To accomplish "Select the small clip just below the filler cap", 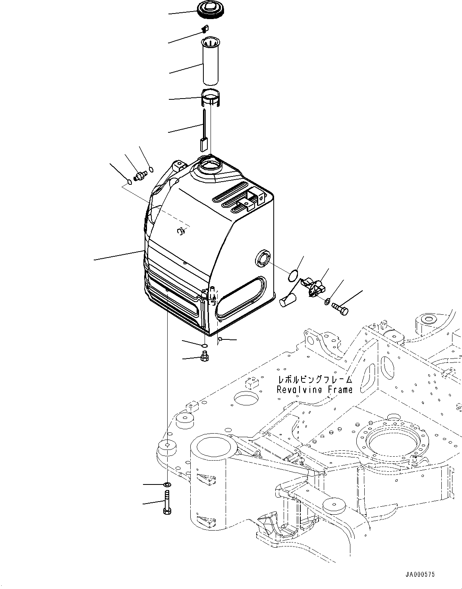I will coord(206,28).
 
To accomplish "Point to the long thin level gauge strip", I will coord(203,131).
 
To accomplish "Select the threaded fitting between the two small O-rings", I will coord(141,175).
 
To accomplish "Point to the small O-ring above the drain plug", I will coord(204,345).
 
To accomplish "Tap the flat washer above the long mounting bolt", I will coord(167,484).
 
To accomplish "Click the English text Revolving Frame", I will coord(314,389).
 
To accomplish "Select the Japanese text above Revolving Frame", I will coord(315,379).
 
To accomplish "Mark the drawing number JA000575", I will coord(420,574).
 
